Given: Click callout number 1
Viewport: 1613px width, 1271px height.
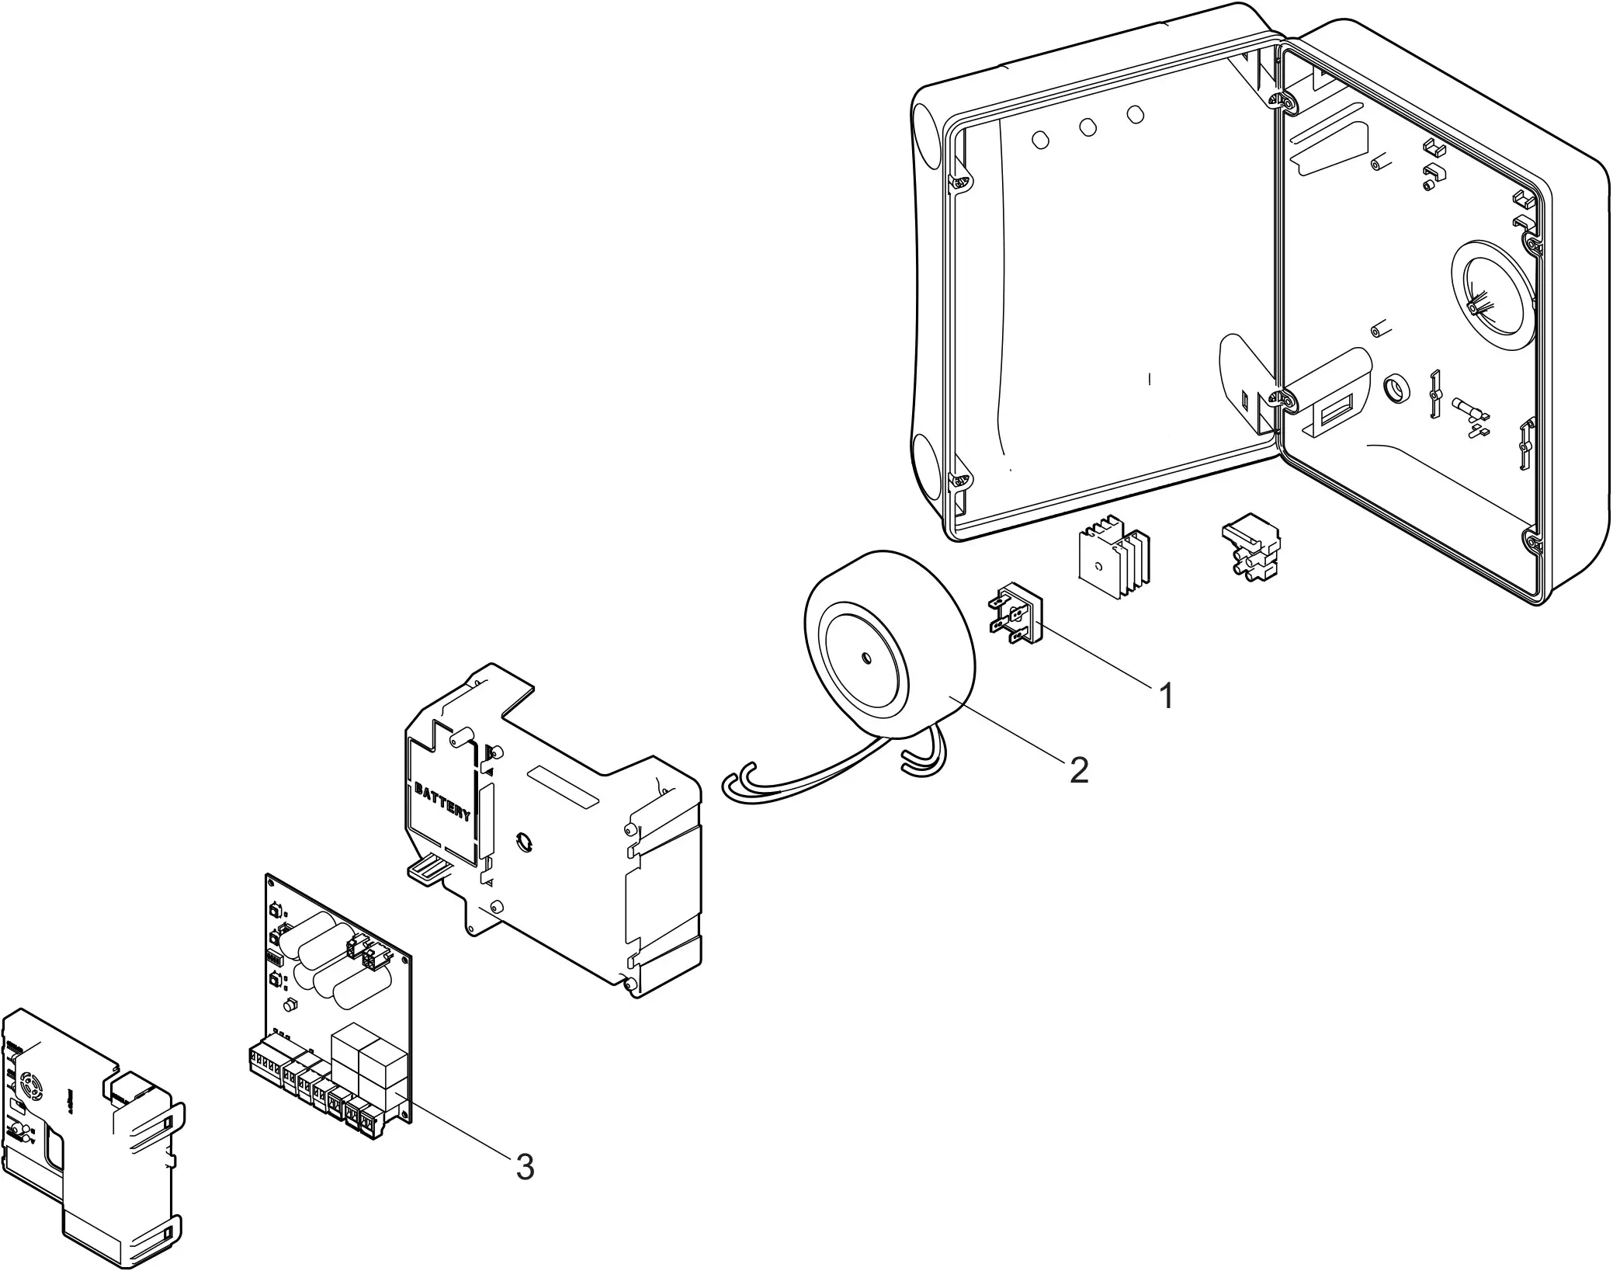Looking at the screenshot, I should click(x=1166, y=696).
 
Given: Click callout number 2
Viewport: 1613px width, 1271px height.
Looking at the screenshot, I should click(x=1078, y=769).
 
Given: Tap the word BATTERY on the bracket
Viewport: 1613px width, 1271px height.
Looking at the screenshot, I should click(x=443, y=803).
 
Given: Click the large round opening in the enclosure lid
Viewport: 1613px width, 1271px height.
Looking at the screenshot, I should click(x=1488, y=297).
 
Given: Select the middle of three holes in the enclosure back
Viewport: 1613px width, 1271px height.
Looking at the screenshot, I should click(x=1087, y=127).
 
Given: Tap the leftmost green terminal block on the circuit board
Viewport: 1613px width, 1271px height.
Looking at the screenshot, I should click(x=264, y=1059).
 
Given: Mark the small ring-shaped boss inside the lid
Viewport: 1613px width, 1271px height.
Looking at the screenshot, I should click(x=1396, y=386).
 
